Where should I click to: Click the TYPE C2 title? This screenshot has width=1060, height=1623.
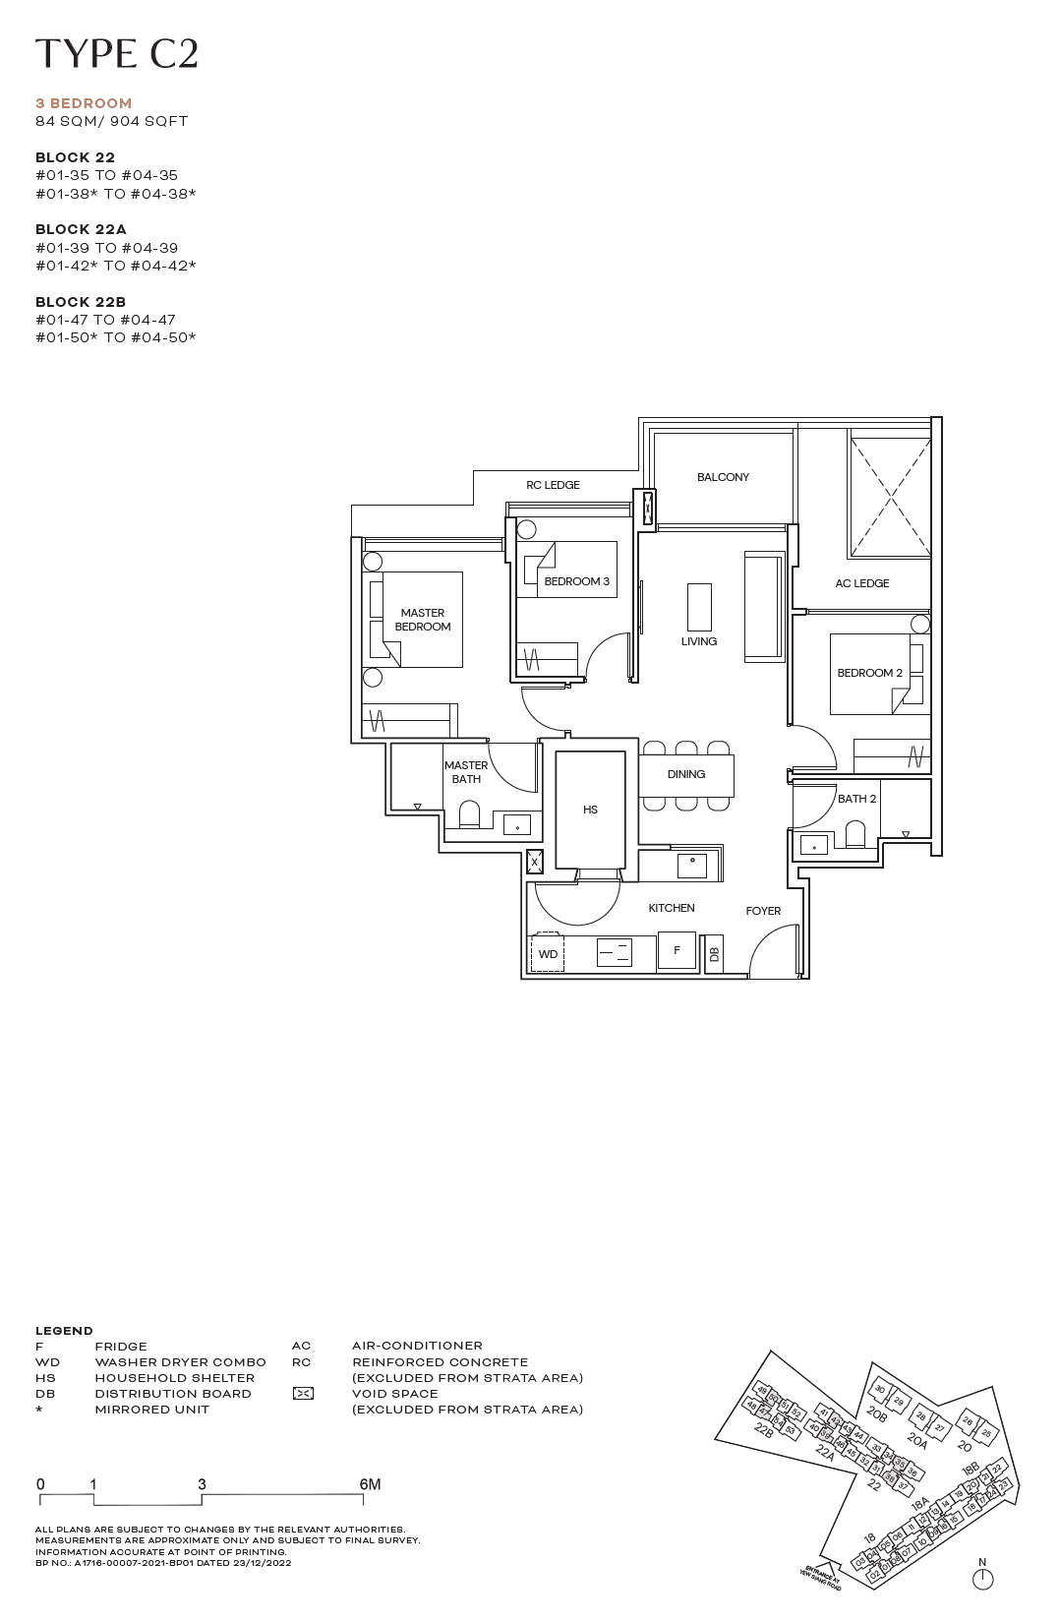point(116,54)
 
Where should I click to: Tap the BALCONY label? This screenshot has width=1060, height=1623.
point(723,477)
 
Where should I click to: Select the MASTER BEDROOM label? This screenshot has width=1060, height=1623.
point(423,620)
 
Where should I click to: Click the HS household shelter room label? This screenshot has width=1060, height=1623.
point(590,810)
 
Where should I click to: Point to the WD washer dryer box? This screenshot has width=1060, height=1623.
point(548,954)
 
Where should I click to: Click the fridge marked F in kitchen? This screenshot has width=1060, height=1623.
point(677,950)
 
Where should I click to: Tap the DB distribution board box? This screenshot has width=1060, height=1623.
point(715,953)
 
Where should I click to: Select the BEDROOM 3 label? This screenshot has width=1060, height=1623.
point(576,581)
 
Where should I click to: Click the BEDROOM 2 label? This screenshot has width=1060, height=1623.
point(869,673)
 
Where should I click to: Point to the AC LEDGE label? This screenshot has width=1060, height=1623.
point(861,583)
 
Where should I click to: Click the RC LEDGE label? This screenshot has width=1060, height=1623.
point(553,485)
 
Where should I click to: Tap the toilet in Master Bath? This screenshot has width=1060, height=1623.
point(469,814)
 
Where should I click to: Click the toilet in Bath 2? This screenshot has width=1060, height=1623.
point(855,836)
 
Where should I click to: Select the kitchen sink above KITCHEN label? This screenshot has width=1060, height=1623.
point(692,866)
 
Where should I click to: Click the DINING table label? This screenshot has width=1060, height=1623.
point(686,774)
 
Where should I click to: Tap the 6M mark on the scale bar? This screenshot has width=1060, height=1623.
point(370,1484)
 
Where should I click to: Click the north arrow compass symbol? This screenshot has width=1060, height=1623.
point(981,1579)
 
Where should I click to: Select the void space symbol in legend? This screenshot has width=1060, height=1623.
point(303,1394)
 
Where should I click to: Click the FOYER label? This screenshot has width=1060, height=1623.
point(763,911)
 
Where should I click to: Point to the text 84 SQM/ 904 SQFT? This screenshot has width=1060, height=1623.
point(111,121)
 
